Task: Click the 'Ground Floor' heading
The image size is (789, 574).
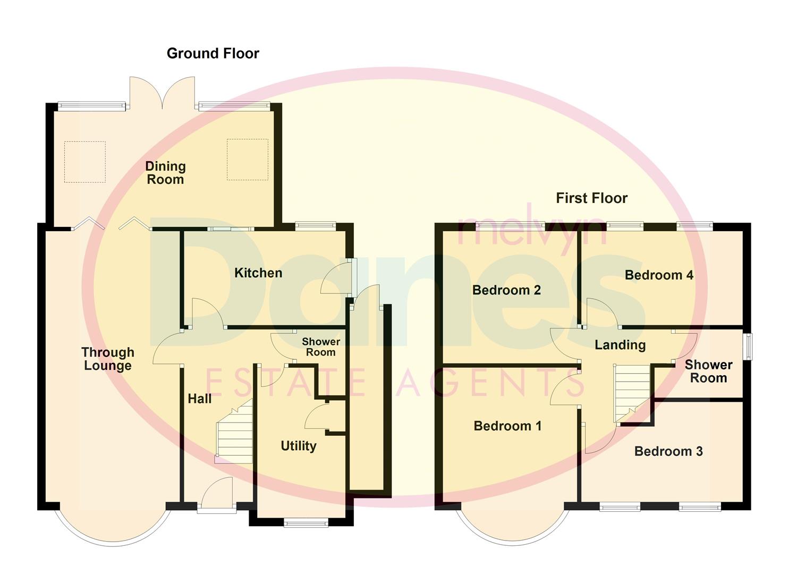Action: point(213,54)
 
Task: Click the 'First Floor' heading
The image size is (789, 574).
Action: point(591,198)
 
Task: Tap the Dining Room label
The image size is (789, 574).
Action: point(165,173)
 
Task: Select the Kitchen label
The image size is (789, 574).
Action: point(258,273)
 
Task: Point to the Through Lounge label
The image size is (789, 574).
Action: point(108,359)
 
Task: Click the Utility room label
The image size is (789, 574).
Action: point(298,446)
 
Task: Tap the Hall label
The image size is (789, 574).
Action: point(199,399)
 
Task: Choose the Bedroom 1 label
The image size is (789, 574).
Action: point(507,426)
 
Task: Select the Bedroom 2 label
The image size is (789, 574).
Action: point(506,290)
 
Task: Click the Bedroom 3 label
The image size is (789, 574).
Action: point(668,451)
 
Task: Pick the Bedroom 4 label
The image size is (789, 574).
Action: point(659,275)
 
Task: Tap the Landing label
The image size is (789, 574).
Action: point(620,345)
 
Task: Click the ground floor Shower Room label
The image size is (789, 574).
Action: point(321,347)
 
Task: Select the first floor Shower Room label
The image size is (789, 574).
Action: point(708,372)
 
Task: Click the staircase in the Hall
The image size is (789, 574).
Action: point(234,433)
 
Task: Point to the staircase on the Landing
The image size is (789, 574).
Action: point(632,391)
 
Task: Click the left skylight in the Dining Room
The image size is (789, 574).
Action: point(85,162)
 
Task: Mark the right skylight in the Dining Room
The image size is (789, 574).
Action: point(247,159)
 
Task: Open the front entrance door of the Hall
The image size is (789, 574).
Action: point(217,494)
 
